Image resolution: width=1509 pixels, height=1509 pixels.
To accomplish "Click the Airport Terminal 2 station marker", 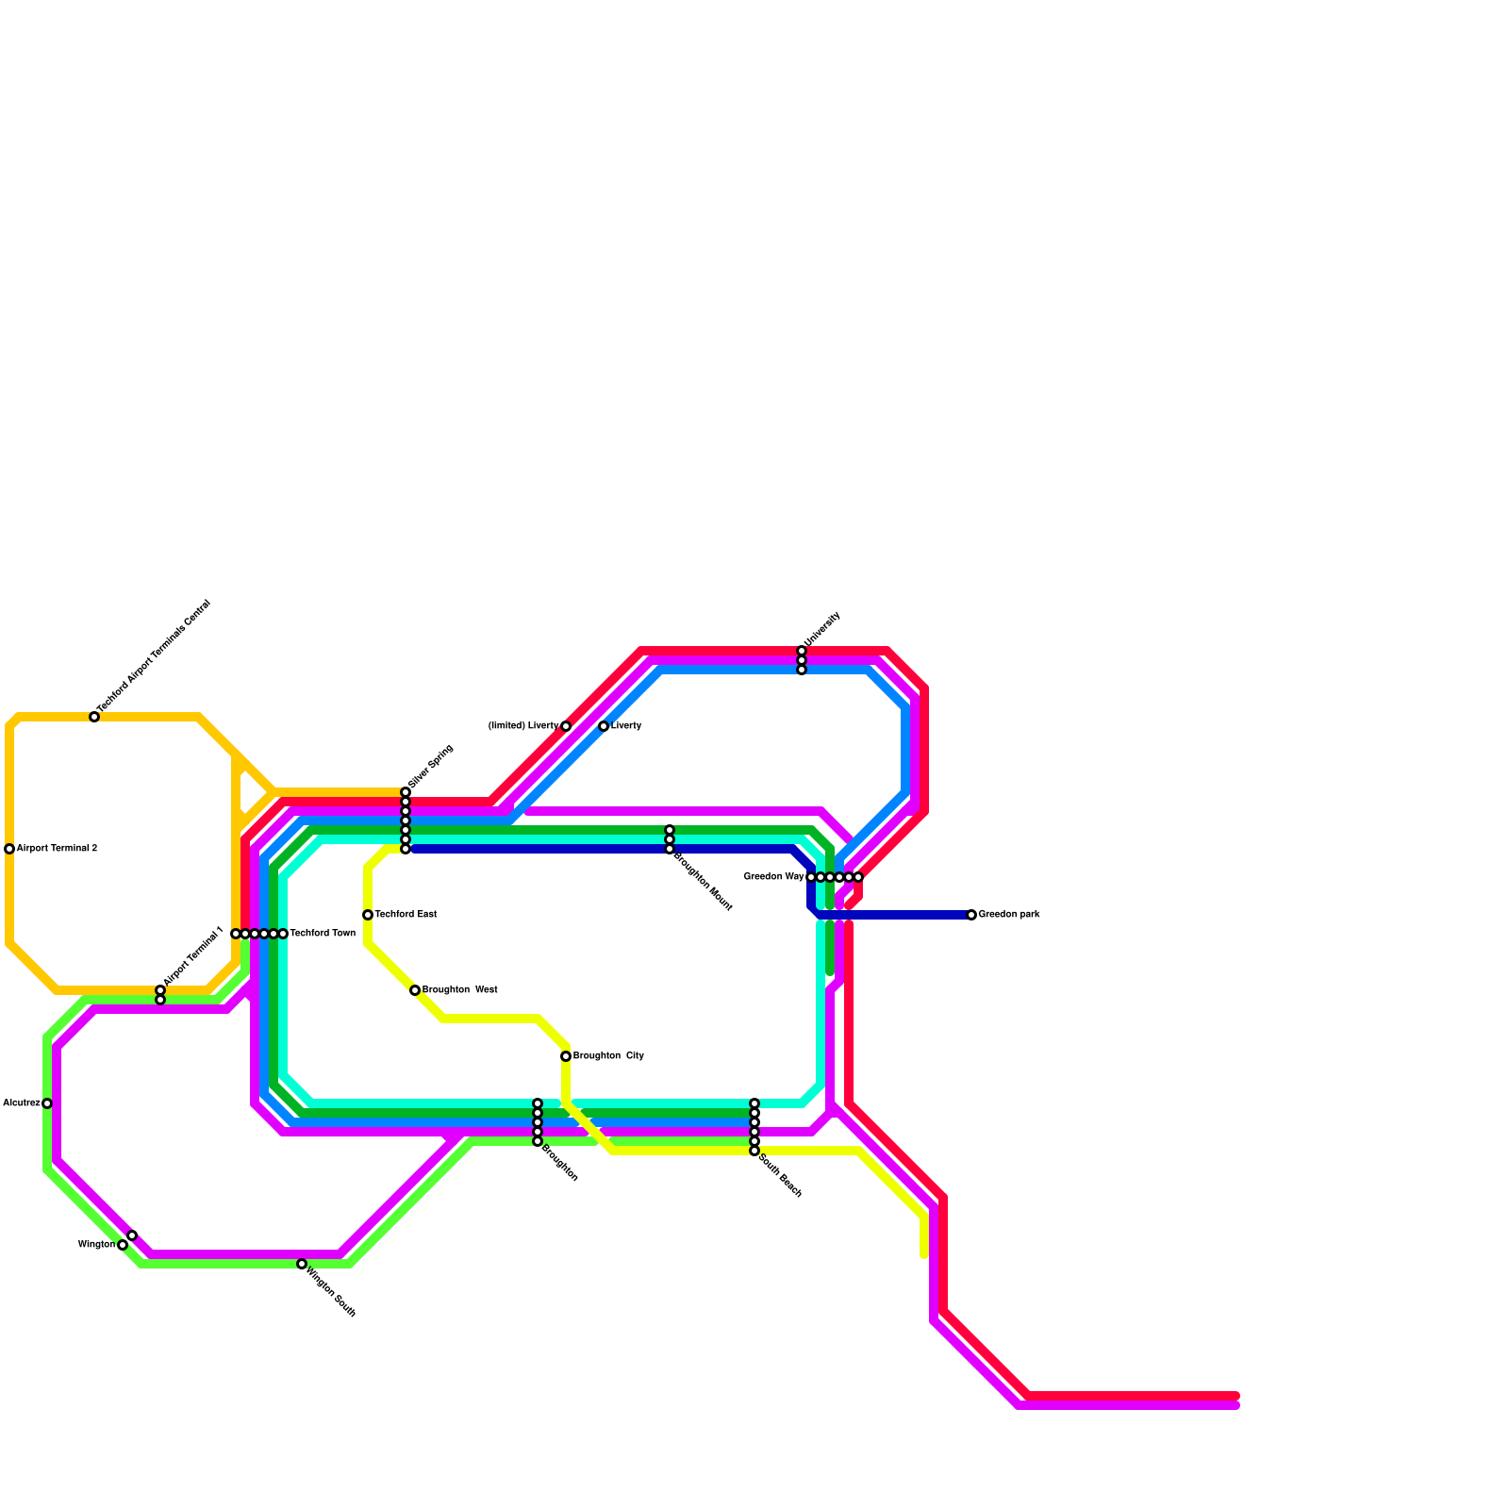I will (9, 849).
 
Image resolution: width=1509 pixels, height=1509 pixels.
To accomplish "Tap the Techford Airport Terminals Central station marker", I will (94, 717).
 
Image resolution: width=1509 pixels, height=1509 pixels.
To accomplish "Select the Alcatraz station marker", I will (47, 1103).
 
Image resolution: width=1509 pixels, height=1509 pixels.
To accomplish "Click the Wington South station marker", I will (302, 1264).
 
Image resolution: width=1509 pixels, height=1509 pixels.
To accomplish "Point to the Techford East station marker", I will (368, 915).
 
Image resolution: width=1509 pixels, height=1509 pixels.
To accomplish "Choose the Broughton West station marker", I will (415, 990).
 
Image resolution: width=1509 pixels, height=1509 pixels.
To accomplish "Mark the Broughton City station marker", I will (566, 1056).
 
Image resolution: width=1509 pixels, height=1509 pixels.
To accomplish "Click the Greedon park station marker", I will (971, 915).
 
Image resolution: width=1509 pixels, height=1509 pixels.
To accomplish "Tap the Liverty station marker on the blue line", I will (604, 726).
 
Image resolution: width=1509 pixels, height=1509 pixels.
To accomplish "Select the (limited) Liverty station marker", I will (566, 726).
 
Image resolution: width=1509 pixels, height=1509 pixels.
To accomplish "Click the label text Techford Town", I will (323, 934).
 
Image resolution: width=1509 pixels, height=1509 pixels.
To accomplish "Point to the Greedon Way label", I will (773, 877).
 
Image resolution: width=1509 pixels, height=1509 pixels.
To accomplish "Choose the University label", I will (821, 629).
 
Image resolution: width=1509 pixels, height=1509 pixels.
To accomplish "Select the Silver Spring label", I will (432, 767).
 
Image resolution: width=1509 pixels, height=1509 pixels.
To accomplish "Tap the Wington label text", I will (96, 1245).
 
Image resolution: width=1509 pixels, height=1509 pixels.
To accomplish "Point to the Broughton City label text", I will (608, 1056).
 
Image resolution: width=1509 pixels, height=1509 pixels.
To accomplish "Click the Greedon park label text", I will (1009, 915).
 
